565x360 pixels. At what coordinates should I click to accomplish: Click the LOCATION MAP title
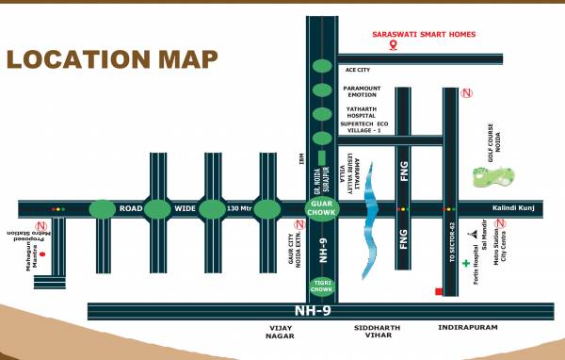tap(112, 58)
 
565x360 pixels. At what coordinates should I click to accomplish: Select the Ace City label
tap(359, 70)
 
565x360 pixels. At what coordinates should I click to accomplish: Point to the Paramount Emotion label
tap(363, 92)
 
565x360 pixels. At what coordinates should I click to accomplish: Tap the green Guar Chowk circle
tap(321, 208)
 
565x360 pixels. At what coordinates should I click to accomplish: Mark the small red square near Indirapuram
tap(439, 291)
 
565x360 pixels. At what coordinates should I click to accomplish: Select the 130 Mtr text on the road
tap(239, 208)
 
